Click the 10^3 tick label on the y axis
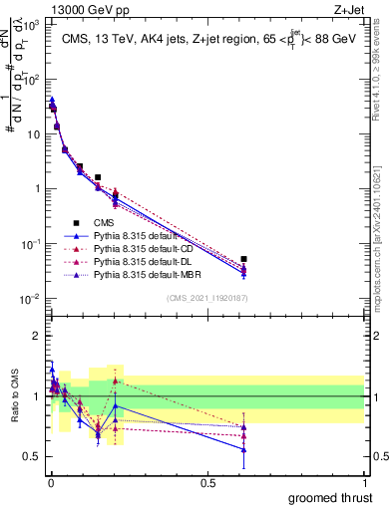coord(30,23)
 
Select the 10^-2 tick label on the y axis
coord(30,299)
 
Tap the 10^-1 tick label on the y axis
coord(30,244)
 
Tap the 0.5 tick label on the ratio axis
coord(32,456)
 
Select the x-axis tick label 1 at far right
coord(365,481)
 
